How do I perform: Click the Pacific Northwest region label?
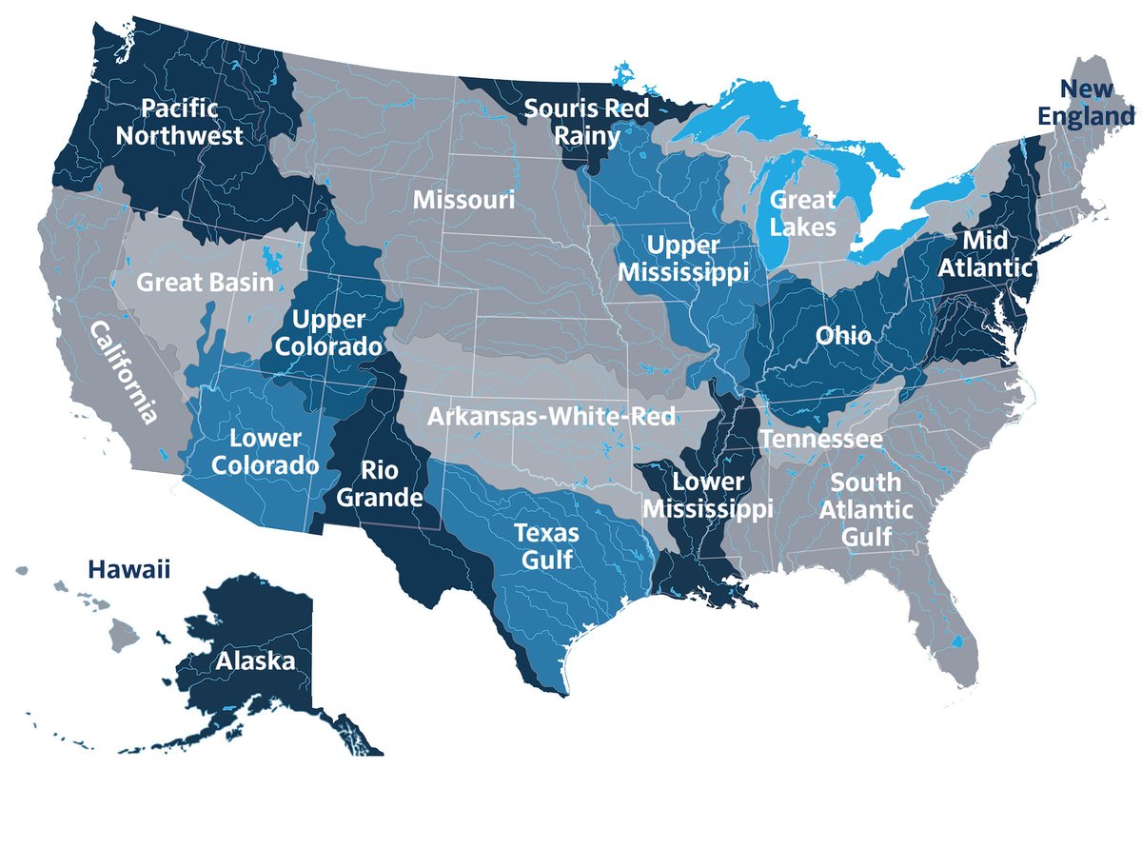pos(179,121)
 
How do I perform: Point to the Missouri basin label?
pos(463,201)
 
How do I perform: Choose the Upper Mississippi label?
pos(683,257)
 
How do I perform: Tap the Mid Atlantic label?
pos(984,253)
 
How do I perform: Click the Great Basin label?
pos(205,283)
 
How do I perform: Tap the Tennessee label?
pos(820,440)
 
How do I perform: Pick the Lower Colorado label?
pos(265,452)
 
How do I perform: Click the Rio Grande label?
pos(378,483)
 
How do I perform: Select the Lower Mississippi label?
pos(706,496)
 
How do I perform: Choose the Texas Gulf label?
pos(546,545)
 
